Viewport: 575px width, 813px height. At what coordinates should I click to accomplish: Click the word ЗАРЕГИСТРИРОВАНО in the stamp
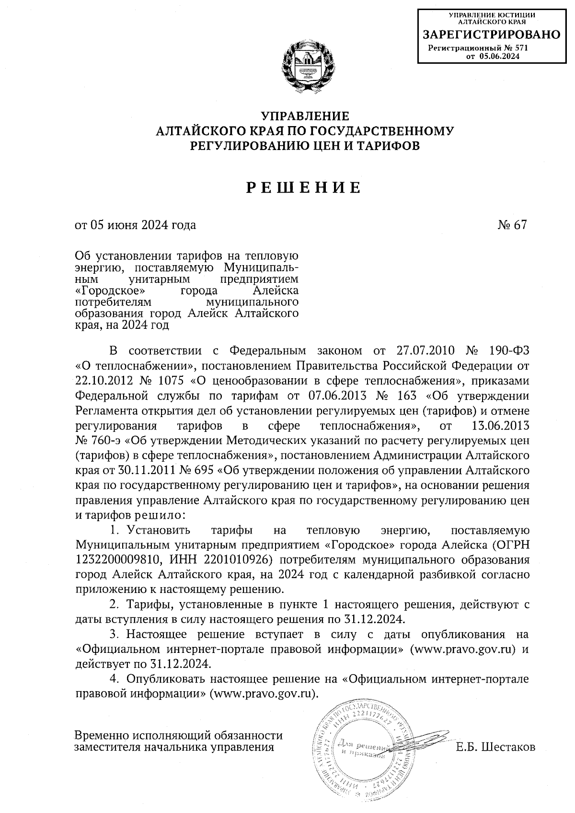point(491,35)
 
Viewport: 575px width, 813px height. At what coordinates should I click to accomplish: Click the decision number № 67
point(512,225)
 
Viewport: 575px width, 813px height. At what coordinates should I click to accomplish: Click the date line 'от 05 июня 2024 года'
point(135,225)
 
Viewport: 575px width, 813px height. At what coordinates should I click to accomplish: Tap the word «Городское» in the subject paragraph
point(110,291)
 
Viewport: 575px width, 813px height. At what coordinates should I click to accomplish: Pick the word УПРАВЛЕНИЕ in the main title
point(305,116)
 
